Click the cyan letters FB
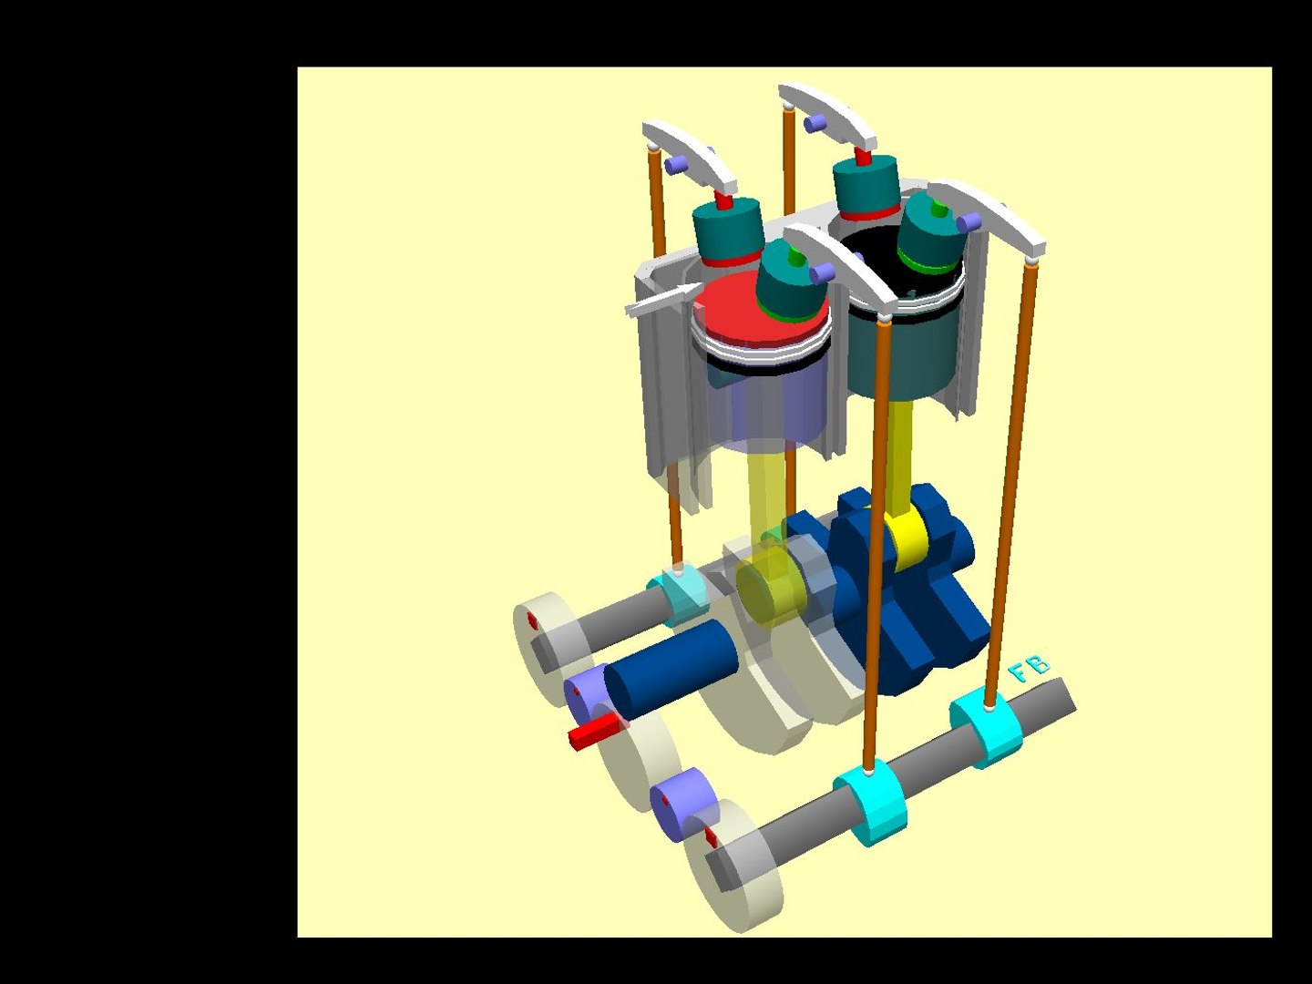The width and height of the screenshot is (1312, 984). tap(1030, 670)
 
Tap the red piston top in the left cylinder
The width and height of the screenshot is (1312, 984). tap(729, 310)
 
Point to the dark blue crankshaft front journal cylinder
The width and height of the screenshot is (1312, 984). tap(670, 661)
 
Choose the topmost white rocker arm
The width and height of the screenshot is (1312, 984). tap(827, 114)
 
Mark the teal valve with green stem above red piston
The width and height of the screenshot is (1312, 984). tap(788, 282)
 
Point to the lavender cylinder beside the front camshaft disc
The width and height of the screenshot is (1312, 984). tap(683, 802)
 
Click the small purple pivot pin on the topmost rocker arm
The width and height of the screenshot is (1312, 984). tap(815, 122)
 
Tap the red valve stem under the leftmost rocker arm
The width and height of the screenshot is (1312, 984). tap(724, 200)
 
